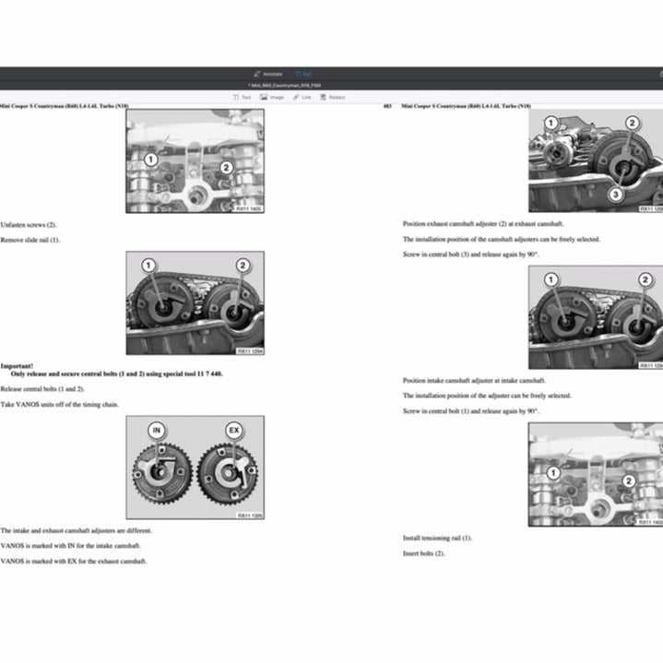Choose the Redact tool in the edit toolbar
pos(333,97)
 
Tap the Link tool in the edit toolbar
pos(302,97)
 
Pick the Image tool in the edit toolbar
pos(272,97)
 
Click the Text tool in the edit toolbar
pos(243,97)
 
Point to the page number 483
pos(387,107)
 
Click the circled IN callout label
pos(158,430)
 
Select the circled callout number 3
pos(614,195)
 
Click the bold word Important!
pos(18,366)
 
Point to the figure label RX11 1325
pos(249,515)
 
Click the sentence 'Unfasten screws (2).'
pos(29,225)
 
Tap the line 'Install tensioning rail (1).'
pos(437,538)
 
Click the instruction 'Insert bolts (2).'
pos(424,553)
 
